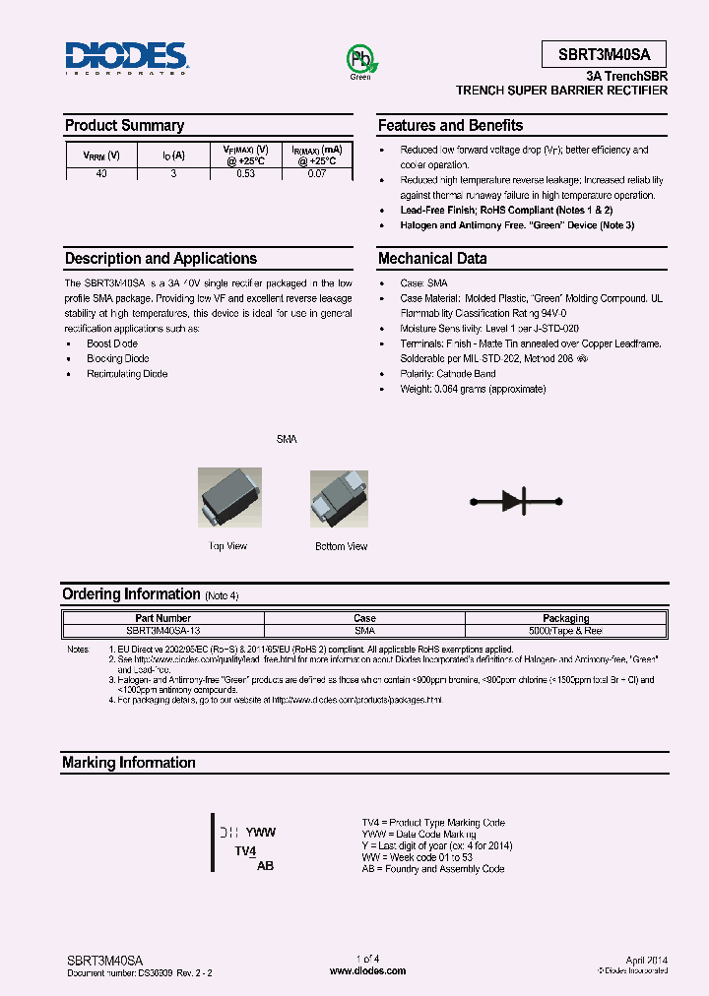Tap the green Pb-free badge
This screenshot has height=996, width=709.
[x=360, y=59]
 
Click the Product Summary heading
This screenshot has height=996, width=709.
[x=124, y=126]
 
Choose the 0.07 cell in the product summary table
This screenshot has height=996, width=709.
[x=316, y=173]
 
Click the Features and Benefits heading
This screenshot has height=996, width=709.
[x=450, y=126]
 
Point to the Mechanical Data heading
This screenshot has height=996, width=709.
[x=432, y=259]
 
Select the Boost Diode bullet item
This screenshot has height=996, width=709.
[x=111, y=343]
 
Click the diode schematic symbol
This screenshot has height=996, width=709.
[x=518, y=501]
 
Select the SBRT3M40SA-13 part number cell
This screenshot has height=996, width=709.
[x=163, y=630]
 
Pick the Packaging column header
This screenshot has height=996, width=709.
[x=565, y=619]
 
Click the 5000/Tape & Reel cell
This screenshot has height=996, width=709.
[x=565, y=630]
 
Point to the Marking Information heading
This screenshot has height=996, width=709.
[x=129, y=763]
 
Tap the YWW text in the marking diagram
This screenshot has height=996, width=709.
[x=260, y=832]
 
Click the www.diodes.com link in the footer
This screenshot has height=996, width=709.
[x=367, y=970]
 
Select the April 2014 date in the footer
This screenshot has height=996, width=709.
[x=646, y=959]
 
